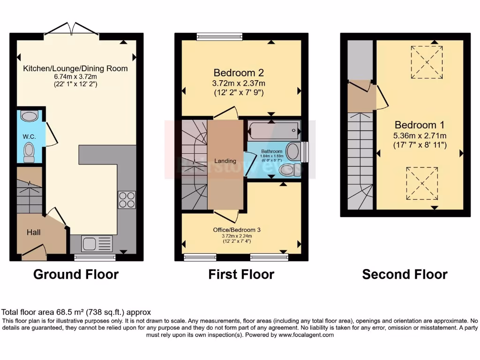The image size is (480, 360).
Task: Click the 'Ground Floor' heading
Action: (76, 274)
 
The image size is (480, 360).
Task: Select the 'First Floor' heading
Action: (241, 274)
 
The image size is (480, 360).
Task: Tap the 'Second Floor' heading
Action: (405, 274)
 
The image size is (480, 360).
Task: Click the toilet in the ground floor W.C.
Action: (29, 152)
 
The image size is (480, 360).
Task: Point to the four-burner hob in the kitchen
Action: (127, 200)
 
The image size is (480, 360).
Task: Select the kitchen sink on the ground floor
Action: (97, 244)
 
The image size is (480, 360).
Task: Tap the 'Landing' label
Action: (225, 161)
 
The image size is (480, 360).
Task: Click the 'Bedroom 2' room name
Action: (239, 73)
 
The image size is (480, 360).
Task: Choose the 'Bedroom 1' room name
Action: (420, 125)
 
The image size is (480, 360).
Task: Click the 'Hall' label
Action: (33, 232)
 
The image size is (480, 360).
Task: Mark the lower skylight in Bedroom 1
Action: (422, 183)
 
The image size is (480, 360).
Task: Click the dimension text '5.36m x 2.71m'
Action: (420, 135)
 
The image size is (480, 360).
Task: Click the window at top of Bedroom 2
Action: (219, 37)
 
